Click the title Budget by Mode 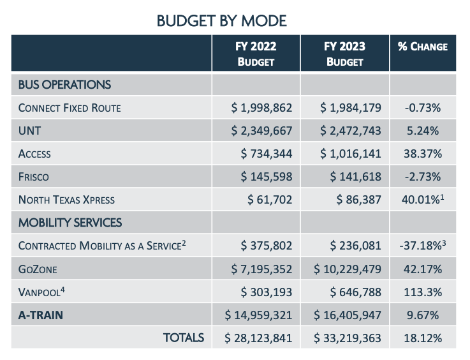pos(221,21)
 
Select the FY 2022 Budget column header pos(256,54)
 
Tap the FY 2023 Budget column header pos(344,54)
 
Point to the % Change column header pos(423,47)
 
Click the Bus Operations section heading pos(64,84)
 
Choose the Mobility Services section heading pos(70,223)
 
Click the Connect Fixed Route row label pos(70,108)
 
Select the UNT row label pos(30,131)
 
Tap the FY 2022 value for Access pos(267,154)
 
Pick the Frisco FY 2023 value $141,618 pos(354,177)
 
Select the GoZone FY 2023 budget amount pos(348,269)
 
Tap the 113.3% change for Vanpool pos(423,292)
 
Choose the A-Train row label pos(40,315)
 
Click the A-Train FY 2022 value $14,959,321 pos(259,315)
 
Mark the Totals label pos(184,337)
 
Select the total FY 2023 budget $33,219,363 pos(348,338)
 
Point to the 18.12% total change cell pos(423,338)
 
